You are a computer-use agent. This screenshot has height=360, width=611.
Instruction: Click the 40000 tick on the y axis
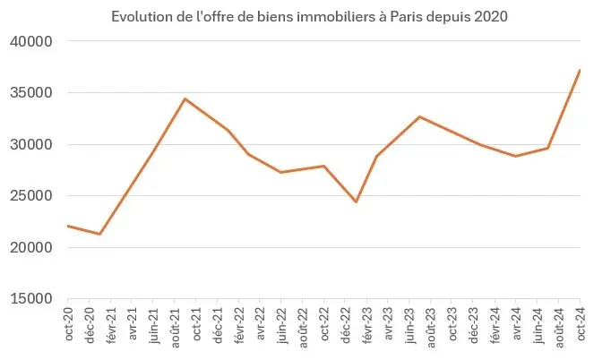point(32,41)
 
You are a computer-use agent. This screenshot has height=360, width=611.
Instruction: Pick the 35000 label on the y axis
point(32,93)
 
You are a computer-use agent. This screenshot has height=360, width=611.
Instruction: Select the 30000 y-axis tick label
point(32,144)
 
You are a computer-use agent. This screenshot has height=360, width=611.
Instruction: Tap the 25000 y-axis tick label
point(32,196)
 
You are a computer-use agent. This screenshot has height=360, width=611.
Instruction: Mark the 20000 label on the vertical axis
point(32,247)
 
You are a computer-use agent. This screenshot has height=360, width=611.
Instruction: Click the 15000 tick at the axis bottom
point(32,299)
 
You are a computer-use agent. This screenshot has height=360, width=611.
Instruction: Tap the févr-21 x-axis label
point(111,323)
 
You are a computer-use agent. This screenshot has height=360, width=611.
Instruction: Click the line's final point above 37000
point(580,70)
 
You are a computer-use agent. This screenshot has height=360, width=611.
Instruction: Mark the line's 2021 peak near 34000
point(185,99)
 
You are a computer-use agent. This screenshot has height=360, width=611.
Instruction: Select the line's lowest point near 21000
point(99,235)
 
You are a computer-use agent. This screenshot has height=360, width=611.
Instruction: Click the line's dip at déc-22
point(356,201)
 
